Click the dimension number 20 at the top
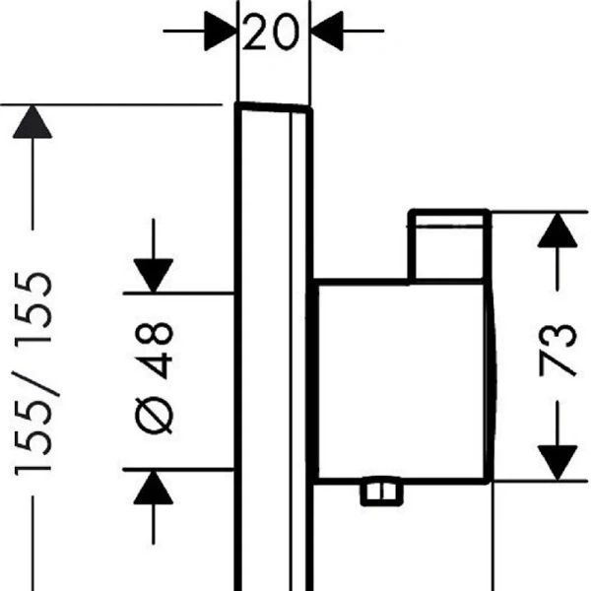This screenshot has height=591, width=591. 271,32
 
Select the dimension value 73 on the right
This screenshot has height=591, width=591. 558,350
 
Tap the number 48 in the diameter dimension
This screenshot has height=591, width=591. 154,350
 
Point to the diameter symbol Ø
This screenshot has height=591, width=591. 154,416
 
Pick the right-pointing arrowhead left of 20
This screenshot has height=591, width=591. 221,31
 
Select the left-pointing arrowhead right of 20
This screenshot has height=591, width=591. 327,31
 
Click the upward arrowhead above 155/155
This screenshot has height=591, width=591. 33,121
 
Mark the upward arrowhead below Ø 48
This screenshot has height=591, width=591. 154,487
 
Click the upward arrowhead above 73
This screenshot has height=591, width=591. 558,230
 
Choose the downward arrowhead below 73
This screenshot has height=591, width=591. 558,463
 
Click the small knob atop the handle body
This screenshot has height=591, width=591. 449,245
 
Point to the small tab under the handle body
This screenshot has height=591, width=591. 382,492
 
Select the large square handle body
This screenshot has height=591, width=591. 402,381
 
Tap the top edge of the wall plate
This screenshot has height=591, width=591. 274,107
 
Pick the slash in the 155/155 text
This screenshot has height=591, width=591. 35,384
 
